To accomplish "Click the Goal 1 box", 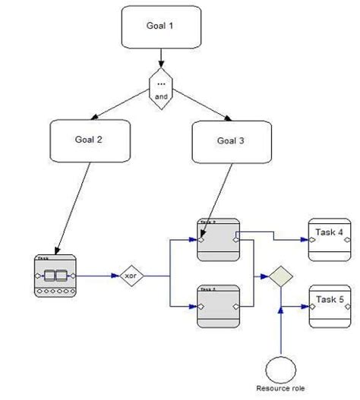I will (x=160, y=27).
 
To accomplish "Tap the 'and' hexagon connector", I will (x=160, y=90).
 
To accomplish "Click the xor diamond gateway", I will (x=131, y=276).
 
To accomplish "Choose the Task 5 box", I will (x=329, y=306).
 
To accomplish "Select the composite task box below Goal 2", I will (x=55, y=275).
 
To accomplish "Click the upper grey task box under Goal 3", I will (x=218, y=239).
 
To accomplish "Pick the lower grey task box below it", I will (x=218, y=306).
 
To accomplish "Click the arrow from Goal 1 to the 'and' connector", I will (x=160, y=58).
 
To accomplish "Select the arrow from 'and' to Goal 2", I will (x=122, y=106).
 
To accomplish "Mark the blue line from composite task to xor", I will (x=97, y=276).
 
